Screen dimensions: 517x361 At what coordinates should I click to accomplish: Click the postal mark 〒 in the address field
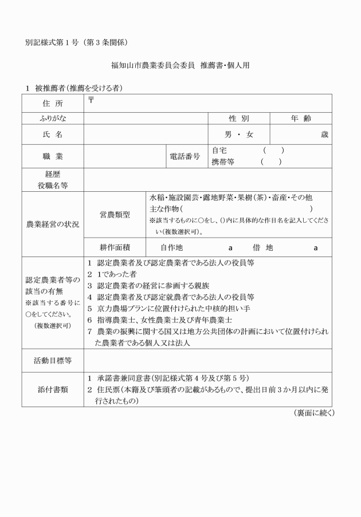pyautogui.click(x=91, y=100)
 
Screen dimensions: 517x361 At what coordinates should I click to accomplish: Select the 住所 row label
pyautogui.click(x=53, y=104)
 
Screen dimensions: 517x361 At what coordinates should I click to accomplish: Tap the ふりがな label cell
pyautogui.click(x=53, y=119)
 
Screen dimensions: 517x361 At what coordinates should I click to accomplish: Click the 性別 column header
pyautogui.click(x=238, y=119)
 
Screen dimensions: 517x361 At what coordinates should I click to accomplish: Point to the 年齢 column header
pyautogui.click(x=300, y=119)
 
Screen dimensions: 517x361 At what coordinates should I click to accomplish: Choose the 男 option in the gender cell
pyautogui.click(x=228, y=135)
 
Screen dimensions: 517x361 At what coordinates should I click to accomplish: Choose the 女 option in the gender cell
pyautogui.click(x=249, y=135)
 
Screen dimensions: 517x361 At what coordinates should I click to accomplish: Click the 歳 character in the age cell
pyautogui.click(x=325, y=135)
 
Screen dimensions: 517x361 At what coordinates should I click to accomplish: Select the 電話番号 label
pyautogui.click(x=185, y=156)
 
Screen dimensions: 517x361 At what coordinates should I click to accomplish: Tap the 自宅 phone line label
pyautogui.click(x=220, y=151)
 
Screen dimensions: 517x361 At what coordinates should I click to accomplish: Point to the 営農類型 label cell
pyautogui.click(x=115, y=215)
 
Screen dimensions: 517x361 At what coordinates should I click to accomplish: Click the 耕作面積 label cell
pyautogui.click(x=115, y=248)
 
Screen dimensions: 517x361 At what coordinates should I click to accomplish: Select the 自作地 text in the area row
pyautogui.click(x=171, y=248)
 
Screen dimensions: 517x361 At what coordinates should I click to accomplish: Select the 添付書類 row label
pyautogui.click(x=53, y=389)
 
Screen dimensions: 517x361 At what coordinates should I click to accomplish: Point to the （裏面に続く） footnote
pyautogui.click(x=313, y=413)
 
